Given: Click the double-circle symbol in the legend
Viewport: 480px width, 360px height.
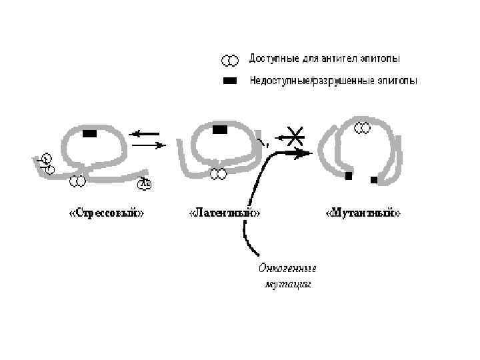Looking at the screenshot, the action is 229,61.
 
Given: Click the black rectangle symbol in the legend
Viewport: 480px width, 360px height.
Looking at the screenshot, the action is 229,81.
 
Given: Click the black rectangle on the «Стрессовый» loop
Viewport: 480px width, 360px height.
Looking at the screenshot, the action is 89,133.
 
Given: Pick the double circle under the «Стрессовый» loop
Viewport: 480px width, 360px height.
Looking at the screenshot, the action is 77,180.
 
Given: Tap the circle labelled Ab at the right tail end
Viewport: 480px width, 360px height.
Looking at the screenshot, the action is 143,185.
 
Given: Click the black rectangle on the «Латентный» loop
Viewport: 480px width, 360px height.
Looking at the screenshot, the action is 219,129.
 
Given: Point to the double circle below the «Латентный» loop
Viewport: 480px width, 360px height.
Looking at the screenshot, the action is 218,175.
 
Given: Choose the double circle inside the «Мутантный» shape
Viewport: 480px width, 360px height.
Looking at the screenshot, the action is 362,128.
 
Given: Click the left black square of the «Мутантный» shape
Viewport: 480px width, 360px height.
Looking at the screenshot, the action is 349,176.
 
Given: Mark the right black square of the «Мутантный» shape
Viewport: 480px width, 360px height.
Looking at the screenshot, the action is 374,180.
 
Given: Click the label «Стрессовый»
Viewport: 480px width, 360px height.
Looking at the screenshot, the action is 107,213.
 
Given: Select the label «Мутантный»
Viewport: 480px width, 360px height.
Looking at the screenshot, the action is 363,213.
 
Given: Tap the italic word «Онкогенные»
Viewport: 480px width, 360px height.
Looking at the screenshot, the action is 287,269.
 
